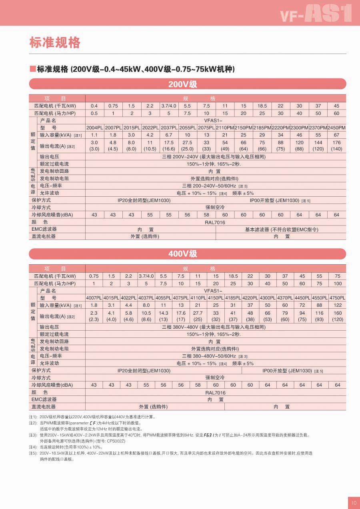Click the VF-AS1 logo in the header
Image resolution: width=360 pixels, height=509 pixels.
[x=316, y=14]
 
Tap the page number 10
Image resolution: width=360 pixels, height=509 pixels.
[x=353, y=503]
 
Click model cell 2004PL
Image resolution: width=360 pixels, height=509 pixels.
[x=94, y=128]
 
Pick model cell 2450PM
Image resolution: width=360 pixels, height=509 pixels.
[x=336, y=128]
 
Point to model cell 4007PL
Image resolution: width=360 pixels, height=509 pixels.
[x=94, y=298]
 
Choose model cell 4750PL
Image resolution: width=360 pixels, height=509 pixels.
[x=337, y=298]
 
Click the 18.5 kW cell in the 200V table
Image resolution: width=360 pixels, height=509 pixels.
[x=262, y=106]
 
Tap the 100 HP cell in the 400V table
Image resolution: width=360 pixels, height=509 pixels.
[x=338, y=283]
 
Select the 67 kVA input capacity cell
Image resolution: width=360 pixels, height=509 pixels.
[x=336, y=135]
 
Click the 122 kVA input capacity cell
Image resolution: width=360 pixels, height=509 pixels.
[x=338, y=305]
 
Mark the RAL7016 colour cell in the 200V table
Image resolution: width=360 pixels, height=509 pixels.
[x=215, y=222]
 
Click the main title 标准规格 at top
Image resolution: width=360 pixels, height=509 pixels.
[x=55, y=42]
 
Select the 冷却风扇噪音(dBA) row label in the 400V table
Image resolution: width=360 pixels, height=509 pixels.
[x=52, y=385]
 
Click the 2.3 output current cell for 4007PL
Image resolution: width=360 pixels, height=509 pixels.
[x=94, y=316]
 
